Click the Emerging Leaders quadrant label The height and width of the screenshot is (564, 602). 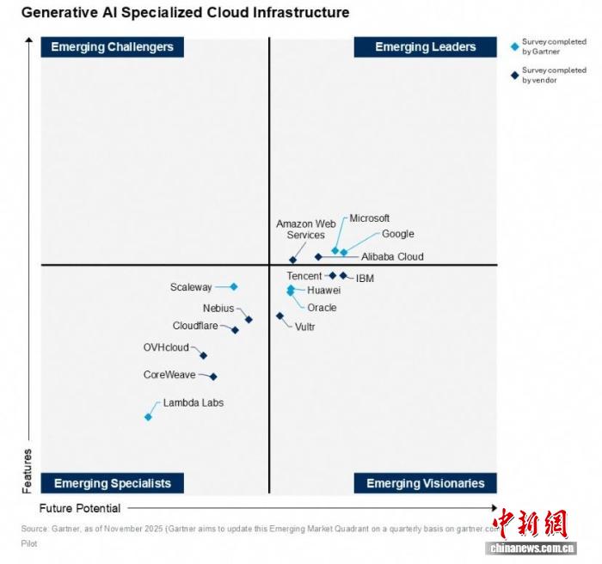click(425, 47)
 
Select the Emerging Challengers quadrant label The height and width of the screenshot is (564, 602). click(112, 47)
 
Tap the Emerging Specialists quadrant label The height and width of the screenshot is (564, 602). click(112, 483)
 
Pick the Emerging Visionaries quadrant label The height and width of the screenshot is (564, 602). click(425, 483)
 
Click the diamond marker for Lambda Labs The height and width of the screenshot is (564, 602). click(148, 417)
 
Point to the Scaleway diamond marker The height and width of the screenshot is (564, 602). click(233, 287)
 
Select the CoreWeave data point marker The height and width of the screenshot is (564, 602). click(213, 377)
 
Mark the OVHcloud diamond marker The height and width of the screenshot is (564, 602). click(203, 355)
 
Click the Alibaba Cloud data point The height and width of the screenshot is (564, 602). click(318, 256)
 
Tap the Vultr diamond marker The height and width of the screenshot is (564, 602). click(279, 316)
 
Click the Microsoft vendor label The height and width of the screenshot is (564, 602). click(369, 218)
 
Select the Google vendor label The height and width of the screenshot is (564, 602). click(397, 234)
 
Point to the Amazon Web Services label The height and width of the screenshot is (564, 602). click(305, 230)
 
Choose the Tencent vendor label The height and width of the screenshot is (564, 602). click(304, 276)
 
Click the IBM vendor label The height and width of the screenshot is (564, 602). click(365, 279)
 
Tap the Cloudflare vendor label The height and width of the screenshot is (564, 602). click(195, 326)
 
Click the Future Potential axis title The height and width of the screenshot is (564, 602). click(80, 508)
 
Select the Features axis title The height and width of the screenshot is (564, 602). click(27, 471)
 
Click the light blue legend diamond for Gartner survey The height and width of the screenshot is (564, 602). click(514, 46)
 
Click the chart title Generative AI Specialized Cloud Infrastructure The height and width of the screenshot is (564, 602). click(185, 13)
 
